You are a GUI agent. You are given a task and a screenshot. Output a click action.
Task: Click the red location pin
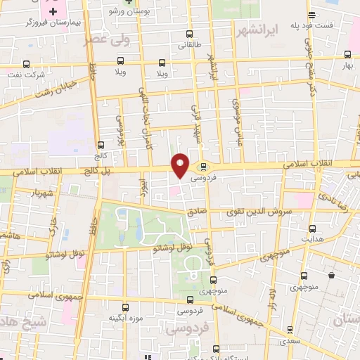(181, 165)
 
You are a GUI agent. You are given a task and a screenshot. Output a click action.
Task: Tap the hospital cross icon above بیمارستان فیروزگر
(53, 12)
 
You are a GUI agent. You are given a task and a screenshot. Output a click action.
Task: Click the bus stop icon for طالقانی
(188, 34)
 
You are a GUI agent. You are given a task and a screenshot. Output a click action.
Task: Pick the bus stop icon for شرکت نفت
(26, 63)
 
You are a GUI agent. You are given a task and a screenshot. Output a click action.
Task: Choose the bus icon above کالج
(100, 144)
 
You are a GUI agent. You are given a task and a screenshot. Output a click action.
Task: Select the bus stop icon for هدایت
(313, 228)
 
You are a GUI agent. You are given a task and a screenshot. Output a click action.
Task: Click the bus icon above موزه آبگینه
(126, 307)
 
